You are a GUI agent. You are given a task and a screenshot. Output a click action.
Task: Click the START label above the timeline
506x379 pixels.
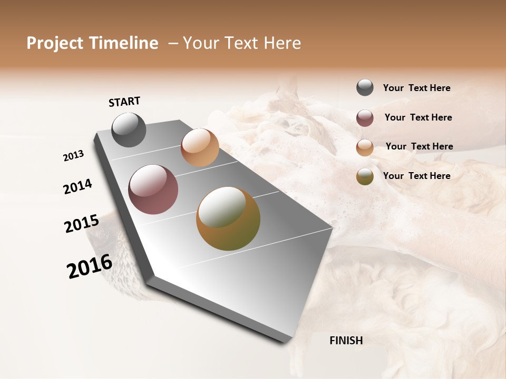click(x=124, y=102)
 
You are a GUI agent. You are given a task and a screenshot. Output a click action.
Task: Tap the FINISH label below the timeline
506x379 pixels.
click(x=346, y=341)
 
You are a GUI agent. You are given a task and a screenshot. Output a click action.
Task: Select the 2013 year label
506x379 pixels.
click(x=74, y=156)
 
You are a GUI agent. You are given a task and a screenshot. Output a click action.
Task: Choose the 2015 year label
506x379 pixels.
click(x=81, y=223)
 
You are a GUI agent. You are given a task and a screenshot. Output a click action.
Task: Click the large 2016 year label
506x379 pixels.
click(x=90, y=266)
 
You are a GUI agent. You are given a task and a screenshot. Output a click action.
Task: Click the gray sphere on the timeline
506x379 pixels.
click(x=129, y=129)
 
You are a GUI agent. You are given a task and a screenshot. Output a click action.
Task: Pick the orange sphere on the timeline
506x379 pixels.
click(x=200, y=147)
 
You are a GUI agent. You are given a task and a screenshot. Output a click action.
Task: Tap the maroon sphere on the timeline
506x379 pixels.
click(x=153, y=189)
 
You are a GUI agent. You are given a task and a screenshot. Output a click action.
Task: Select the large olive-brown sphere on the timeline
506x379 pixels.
click(x=228, y=218)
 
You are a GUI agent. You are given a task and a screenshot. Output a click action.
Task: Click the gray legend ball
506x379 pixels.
click(x=365, y=87)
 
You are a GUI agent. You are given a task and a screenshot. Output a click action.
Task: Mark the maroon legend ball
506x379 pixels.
click(x=365, y=118)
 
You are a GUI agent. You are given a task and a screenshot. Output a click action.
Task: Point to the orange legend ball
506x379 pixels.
click(x=365, y=147)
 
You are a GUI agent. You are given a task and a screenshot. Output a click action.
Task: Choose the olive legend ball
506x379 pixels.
click(x=365, y=176)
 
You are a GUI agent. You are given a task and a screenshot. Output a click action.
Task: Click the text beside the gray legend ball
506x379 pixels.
click(x=416, y=88)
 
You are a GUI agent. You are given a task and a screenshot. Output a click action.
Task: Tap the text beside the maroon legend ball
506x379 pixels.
click(x=418, y=117)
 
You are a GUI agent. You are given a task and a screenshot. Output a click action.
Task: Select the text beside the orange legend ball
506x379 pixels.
click(x=419, y=146)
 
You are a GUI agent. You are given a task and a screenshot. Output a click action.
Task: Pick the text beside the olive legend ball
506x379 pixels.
click(x=416, y=176)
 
